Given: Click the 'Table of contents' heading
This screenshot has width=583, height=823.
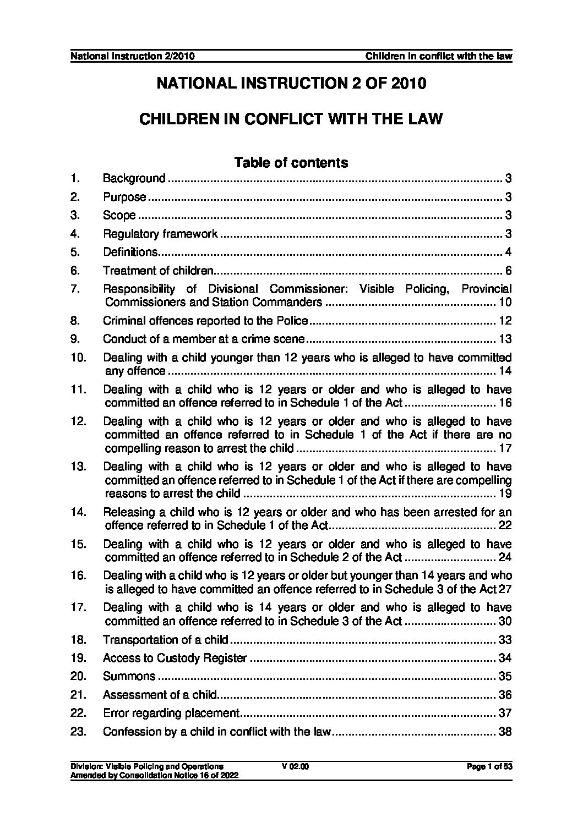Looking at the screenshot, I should (291, 163).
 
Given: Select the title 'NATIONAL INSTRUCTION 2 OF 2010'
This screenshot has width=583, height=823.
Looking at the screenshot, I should (291, 84).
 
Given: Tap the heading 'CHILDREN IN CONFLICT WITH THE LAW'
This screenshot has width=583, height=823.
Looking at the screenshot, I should (291, 119).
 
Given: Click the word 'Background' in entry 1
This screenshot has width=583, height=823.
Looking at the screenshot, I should (134, 178).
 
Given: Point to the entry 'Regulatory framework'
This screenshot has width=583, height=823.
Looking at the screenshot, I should (160, 234).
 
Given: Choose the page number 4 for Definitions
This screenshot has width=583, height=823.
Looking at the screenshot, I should (509, 253).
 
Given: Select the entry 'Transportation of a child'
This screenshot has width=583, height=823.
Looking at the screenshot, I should (166, 640).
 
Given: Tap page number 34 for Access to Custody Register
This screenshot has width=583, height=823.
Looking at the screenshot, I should (505, 658).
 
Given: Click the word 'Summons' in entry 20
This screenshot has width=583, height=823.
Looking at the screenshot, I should (129, 676).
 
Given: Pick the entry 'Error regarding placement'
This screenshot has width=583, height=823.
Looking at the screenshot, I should (171, 714).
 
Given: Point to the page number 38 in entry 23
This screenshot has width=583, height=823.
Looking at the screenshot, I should (505, 732).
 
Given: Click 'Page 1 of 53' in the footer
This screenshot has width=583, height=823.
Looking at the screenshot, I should (489, 766).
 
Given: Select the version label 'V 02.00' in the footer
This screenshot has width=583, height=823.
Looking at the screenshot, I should (295, 766).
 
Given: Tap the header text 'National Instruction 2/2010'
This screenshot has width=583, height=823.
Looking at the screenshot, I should (133, 57).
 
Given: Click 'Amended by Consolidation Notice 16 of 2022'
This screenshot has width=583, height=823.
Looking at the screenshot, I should (154, 774).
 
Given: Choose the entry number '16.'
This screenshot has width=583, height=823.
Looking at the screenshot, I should (79, 576).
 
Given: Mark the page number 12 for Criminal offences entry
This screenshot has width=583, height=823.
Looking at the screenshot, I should (505, 321).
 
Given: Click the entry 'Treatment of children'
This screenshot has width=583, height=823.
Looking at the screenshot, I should (158, 271).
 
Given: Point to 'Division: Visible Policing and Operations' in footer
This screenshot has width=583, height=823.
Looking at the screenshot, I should (147, 766).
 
